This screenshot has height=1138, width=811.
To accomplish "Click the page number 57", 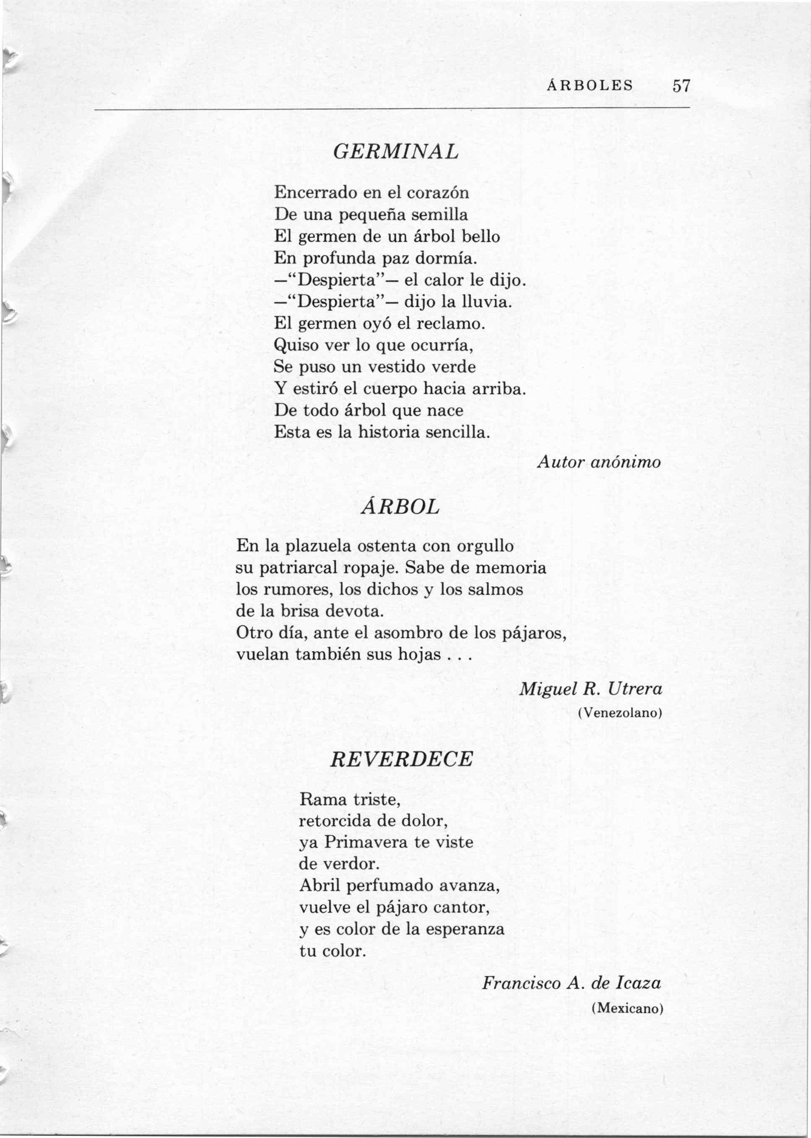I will tap(681, 86).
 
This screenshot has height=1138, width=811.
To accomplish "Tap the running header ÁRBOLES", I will tap(590, 86).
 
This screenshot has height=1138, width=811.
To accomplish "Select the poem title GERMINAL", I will tap(395, 152).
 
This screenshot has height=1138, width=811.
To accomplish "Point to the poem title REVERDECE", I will tap(401, 760).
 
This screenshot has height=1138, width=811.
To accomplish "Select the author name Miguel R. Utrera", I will tap(591, 689).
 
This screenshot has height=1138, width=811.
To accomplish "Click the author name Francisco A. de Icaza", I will tap(571, 983).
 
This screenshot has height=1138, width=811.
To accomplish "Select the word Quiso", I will tap(295, 345).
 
